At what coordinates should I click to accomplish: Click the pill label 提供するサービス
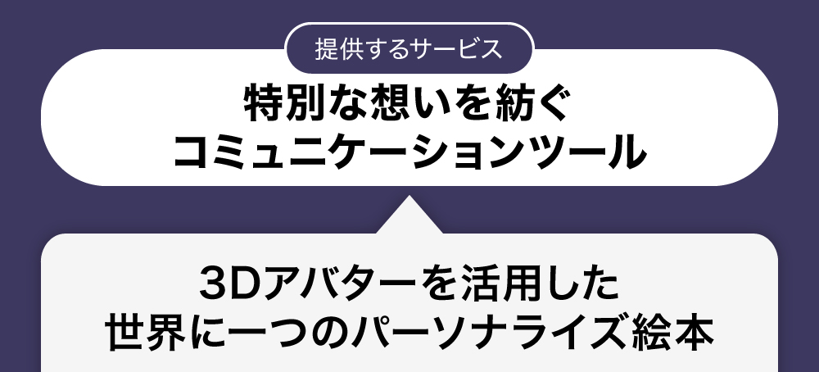409,48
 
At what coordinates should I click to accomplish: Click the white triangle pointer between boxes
409,215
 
